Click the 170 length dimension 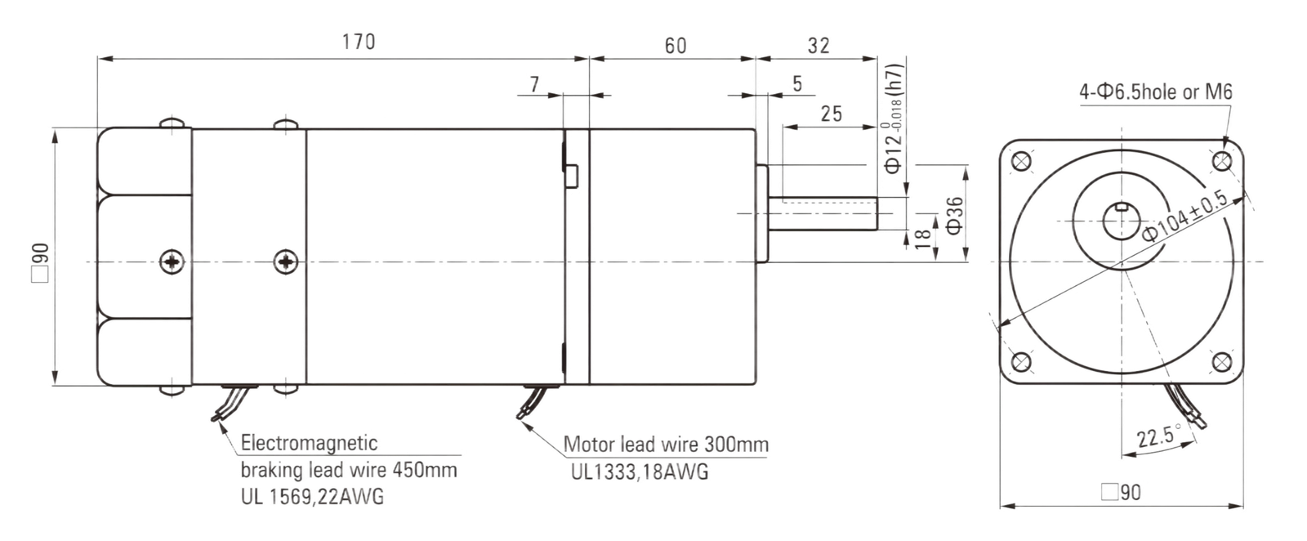click(x=359, y=42)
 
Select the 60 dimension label click(x=676, y=46)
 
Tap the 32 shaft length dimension click(x=818, y=46)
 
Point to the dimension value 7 click(x=534, y=85)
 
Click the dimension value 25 click(x=831, y=114)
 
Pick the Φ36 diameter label click(x=955, y=216)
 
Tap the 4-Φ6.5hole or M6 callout click(x=1155, y=92)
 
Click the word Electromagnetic click(x=309, y=442)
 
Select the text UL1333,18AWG click(x=640, y=472)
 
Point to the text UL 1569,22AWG click(x=312, y=496)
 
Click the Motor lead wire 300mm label click(x=666, y=445)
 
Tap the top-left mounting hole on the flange click(x=1020, y=161)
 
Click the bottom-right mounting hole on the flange click(x=1221, y=362)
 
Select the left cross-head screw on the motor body click(x=172, y=262)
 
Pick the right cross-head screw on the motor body click(x=286, y=262)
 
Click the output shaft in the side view click(x=823, y=213)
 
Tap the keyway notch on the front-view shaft click(x=1122, y=206)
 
